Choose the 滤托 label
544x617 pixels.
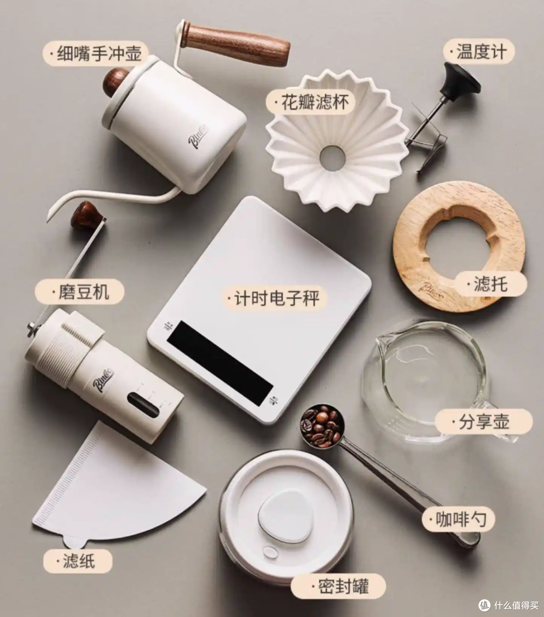click(491, 284)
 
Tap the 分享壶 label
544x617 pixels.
click(484, 421)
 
